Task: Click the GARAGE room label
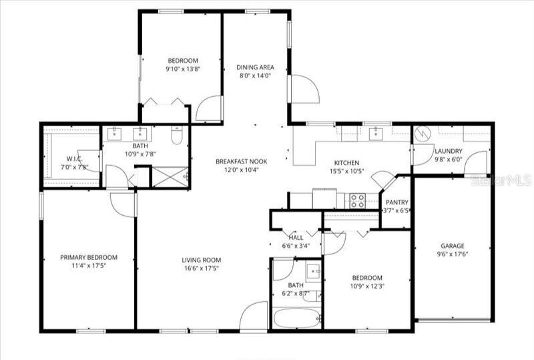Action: tap(452, 245)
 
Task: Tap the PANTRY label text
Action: tap(397, 202)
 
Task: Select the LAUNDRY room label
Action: tap(448, 151)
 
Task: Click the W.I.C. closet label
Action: tap(73, 159)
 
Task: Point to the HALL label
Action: tap(296, 237)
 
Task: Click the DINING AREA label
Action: tap(256, 67)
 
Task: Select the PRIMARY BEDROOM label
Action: tap(88, 258)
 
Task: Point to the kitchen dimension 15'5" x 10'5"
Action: tap(346, 172)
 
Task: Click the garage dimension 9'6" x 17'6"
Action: tap(452, 254)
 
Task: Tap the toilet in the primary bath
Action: tap(177, 136)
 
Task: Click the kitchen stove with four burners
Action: tap(357, 200)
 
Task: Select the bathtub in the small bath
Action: tap(298, 318)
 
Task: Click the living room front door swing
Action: tap(254, 316)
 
